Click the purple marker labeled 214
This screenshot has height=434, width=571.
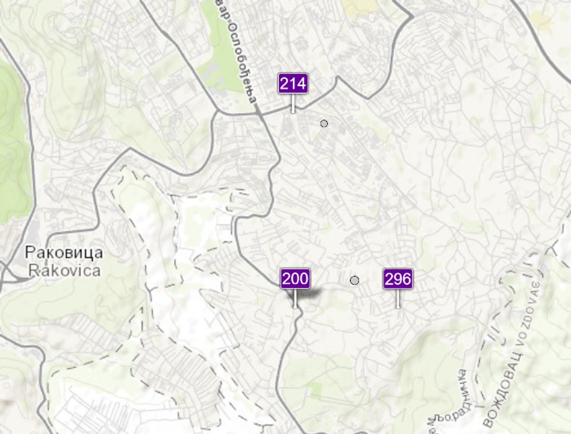[293, 84]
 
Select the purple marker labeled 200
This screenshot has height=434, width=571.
[295, 279]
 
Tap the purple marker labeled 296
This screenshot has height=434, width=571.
[398, 279]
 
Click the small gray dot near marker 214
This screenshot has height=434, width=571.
[324, 123]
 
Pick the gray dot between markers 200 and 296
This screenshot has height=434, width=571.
[355, 280]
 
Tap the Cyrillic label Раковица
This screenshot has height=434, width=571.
[64, 254]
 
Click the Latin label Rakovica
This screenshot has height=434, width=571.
[64, 270]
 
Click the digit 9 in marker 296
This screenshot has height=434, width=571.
[398, 279]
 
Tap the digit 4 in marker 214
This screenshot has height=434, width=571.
[302, 84]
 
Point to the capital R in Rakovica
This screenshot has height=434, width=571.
[34, 270]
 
